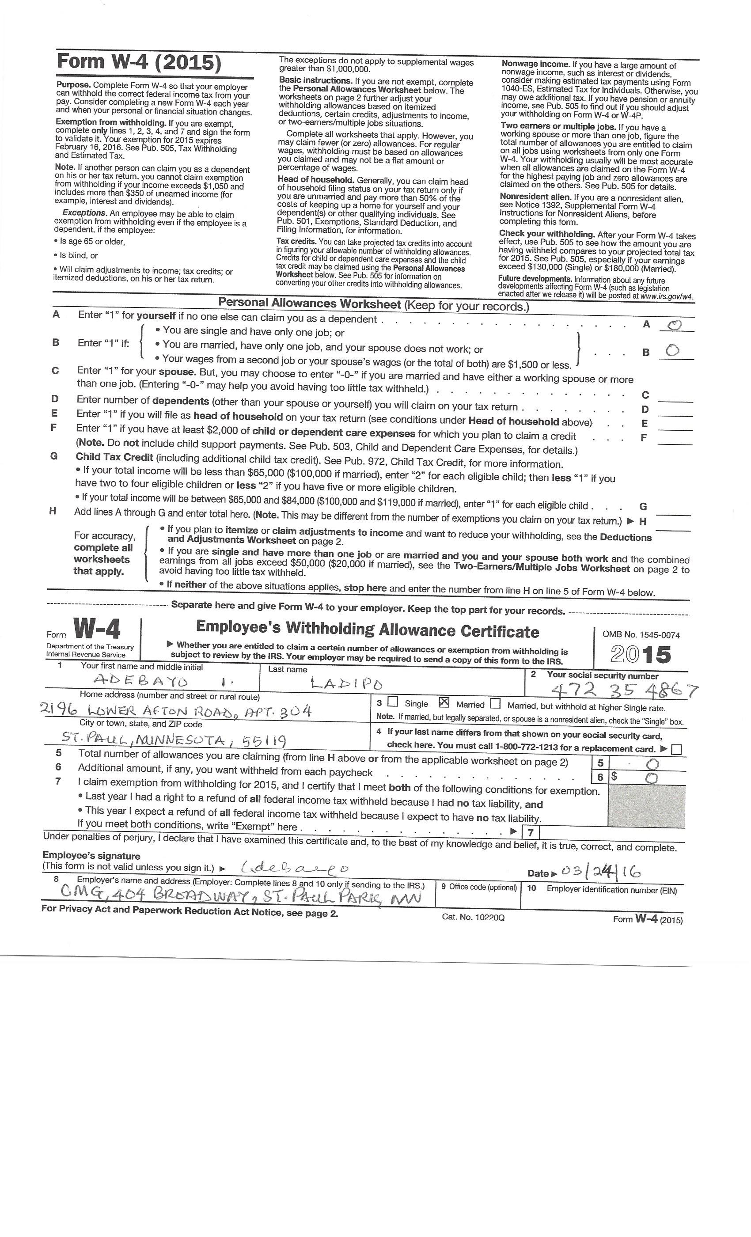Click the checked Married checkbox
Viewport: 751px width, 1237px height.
coord(444,702)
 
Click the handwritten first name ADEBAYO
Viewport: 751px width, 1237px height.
coord(140,681)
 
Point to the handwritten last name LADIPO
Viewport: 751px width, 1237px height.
coord(346,683)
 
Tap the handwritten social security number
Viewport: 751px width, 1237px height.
coord(624,691)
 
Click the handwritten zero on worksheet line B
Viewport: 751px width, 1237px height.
coord(673,350)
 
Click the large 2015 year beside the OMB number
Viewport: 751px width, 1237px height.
coord(641,654)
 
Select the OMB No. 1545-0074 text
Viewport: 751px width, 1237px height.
coord(641,634)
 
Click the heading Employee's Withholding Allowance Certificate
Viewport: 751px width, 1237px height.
coord(367,629)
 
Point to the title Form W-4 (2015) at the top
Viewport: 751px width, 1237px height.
coord(139,62)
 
